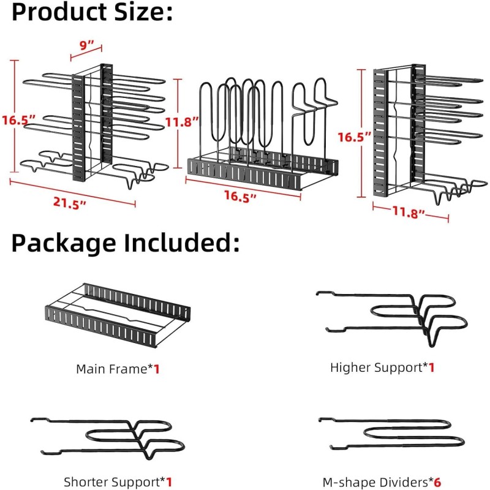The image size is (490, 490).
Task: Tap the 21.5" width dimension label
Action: point(69,203)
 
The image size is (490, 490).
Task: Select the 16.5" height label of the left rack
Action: point(19,120)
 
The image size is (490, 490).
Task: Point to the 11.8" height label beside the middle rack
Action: point(182,122)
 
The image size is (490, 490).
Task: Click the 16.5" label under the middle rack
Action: point(240,197)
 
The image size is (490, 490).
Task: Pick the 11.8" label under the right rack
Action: point(409,212)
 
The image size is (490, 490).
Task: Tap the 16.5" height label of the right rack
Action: point(355,137)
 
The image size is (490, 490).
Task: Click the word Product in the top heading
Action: point(59,12)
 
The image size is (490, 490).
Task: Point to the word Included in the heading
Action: point(181,243)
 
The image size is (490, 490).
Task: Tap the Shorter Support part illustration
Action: point(108,438)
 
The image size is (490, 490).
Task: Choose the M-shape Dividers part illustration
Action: point(391,434)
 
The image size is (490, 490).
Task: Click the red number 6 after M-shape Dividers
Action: point(437,482)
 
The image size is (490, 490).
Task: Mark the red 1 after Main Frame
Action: point(157,369)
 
